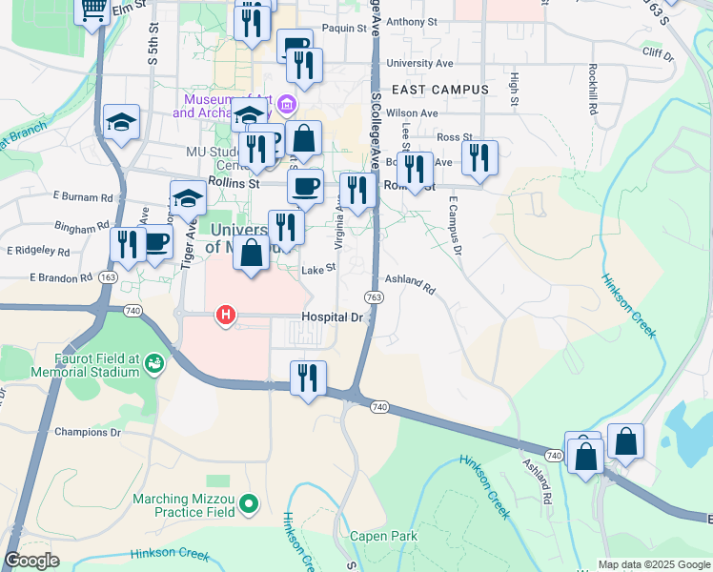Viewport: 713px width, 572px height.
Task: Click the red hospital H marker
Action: pyautogui.click(x=226, y=314)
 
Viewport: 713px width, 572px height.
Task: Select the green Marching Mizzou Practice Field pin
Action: pyautogui.click(x=249, y=502)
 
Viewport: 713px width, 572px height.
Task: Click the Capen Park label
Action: pyautogui.click(x=383, y=537)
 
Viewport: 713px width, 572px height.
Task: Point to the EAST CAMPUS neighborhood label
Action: pyautogui.click(x=439, y=90)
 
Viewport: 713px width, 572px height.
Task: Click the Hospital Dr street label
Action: pyautogui.click(x=333, y=317)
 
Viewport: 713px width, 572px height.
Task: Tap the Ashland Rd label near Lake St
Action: pyautogui.click(x=410, y=285)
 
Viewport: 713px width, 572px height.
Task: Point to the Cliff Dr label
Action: pyautogui.click(x=658, y=53)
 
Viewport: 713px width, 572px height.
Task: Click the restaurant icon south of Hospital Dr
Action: pyautogui.click(x=308, y=378)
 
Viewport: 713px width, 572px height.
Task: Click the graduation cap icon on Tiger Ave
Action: pyautogui.click(x=188, y=200)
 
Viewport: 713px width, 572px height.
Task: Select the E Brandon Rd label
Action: pyautogui.click(x=58, y=277)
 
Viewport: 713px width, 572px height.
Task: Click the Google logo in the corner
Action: pyautogui.click(x=31, y=561)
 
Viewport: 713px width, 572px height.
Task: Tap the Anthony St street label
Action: pyautogui.click(x=412, y=21)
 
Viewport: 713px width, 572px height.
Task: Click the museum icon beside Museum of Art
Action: pyautogui.click(x=285, y=104)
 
